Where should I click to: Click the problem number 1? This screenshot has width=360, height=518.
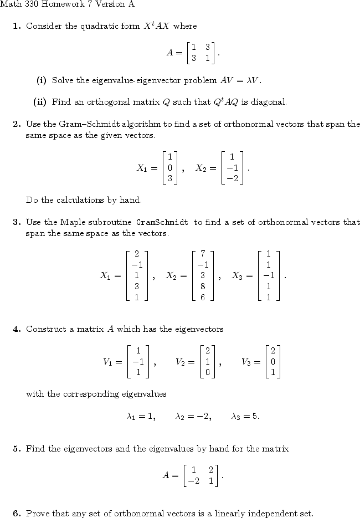(x=16, y=26)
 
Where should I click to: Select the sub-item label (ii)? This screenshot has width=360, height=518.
(x=40, y=102)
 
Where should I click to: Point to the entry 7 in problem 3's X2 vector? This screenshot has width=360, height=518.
(x=203, y=253)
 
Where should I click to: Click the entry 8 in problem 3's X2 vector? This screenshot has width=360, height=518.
(x=203, y=286)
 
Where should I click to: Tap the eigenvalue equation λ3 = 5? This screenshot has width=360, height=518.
(x=245, y=416)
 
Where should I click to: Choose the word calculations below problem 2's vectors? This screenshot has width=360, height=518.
(x=65, y=199)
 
